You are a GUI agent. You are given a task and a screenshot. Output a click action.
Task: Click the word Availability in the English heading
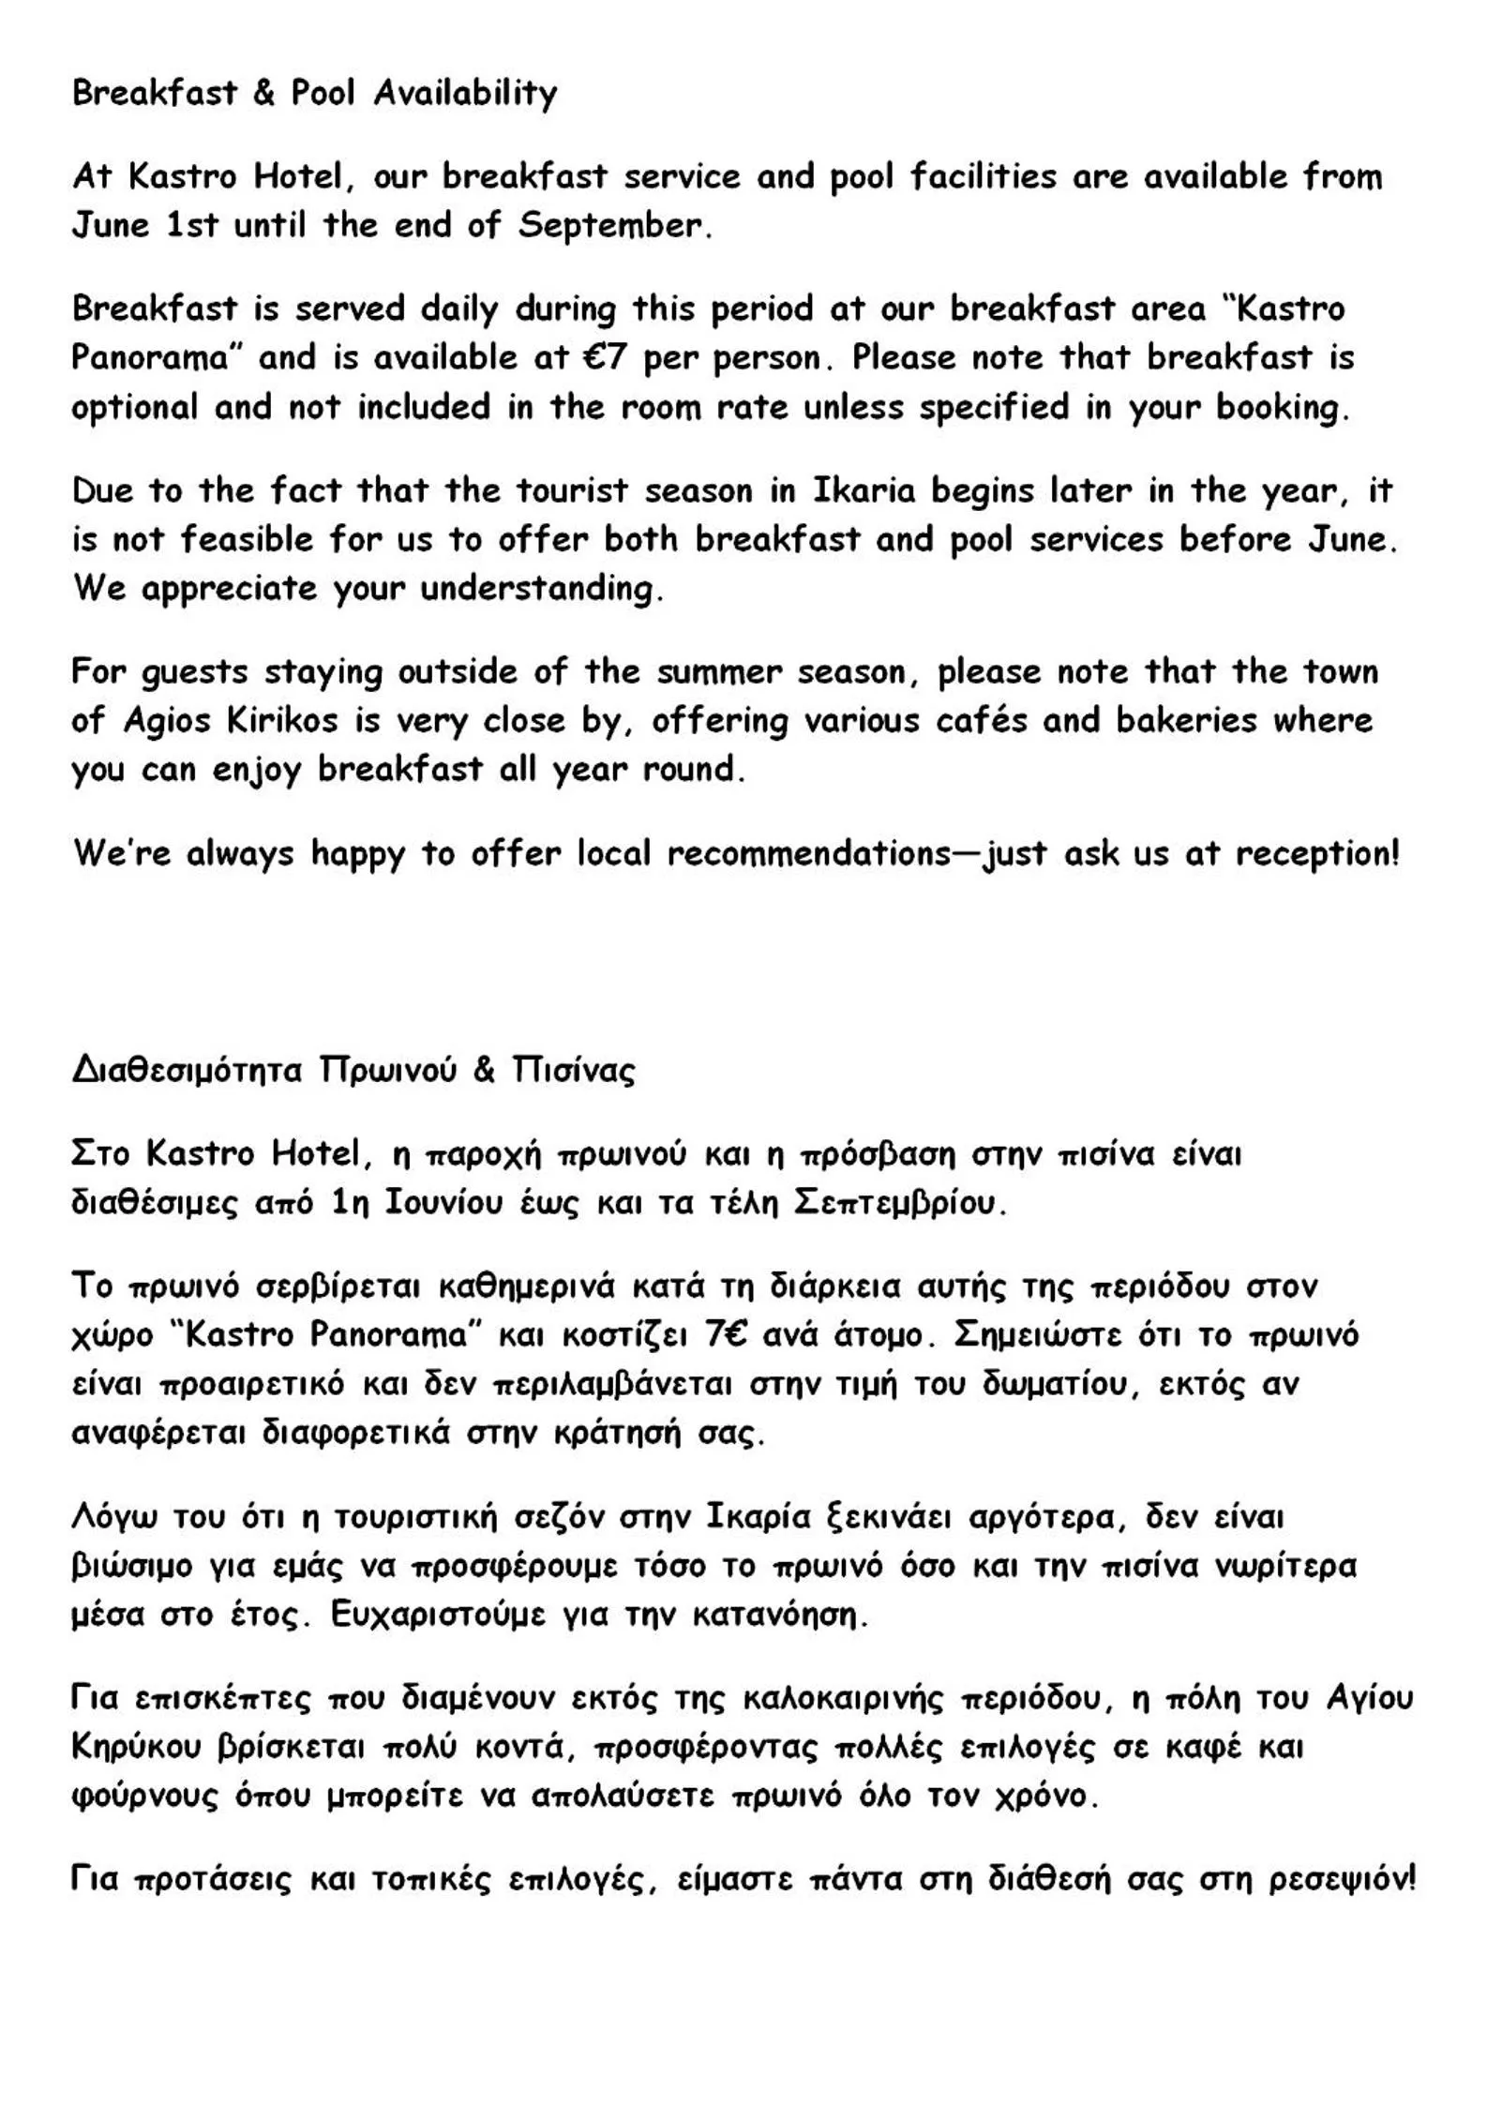click(x=465, y=94)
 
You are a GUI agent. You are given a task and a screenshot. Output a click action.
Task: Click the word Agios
click(x=168, y=721)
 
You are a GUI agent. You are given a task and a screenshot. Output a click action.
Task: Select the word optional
click(x=135, y=408)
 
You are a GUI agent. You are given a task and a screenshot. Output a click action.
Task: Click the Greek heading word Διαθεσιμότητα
click(x=187, y=1071)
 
